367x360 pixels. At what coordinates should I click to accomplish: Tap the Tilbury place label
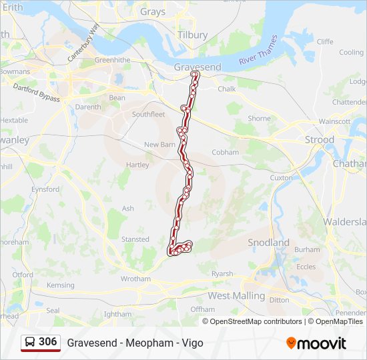(x=192, y=34)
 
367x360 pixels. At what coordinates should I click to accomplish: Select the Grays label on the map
(x=153, y=11)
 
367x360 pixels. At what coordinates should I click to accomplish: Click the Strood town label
(x=319, y=139)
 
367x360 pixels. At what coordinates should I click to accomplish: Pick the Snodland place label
(x=268, y=243)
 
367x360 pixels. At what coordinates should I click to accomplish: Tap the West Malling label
(x=236, y=295)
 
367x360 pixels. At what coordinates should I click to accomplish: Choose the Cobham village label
(x=225, y=152)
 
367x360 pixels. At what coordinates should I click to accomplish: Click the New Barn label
(x=159, y=144)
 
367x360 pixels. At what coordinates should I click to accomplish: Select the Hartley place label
(x=137, y=165)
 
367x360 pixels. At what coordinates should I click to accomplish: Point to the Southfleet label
(x=148, y=114)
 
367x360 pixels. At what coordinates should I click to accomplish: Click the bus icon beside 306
(x=30, y=342)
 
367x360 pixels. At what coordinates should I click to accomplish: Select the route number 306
(x=47, y=342)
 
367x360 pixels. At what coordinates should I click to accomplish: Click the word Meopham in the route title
(x=146, y=343)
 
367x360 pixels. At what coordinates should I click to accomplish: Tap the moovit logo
(x=316, y=343)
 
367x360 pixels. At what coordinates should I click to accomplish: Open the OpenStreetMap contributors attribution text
(x=256, y=321)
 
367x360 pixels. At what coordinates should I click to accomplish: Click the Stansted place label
(x=135, y=239)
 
